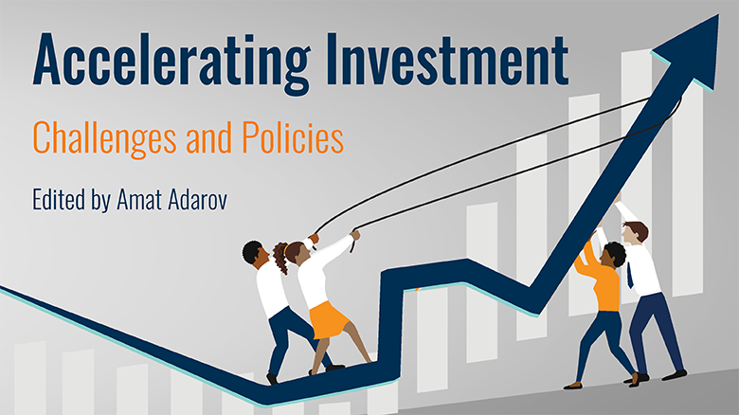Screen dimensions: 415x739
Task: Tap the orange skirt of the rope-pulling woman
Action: click(x=330, y=318)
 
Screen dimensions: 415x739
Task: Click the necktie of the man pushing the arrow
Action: click(x=629, y=276)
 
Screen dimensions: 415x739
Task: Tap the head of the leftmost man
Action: click(x=253, y=252)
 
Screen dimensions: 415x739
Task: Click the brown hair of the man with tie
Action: click(x=637, y=228)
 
